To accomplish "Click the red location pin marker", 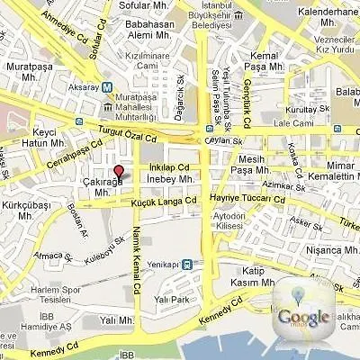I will coord(118,173).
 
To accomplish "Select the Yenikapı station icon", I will coord(186,265).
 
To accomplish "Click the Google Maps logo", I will coord(303,310).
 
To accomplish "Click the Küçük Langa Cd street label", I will coord(163,201).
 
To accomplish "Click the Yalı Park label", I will coord(171,300).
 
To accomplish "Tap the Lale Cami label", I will coord(292,122).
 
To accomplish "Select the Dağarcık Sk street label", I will coord(182,103).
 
